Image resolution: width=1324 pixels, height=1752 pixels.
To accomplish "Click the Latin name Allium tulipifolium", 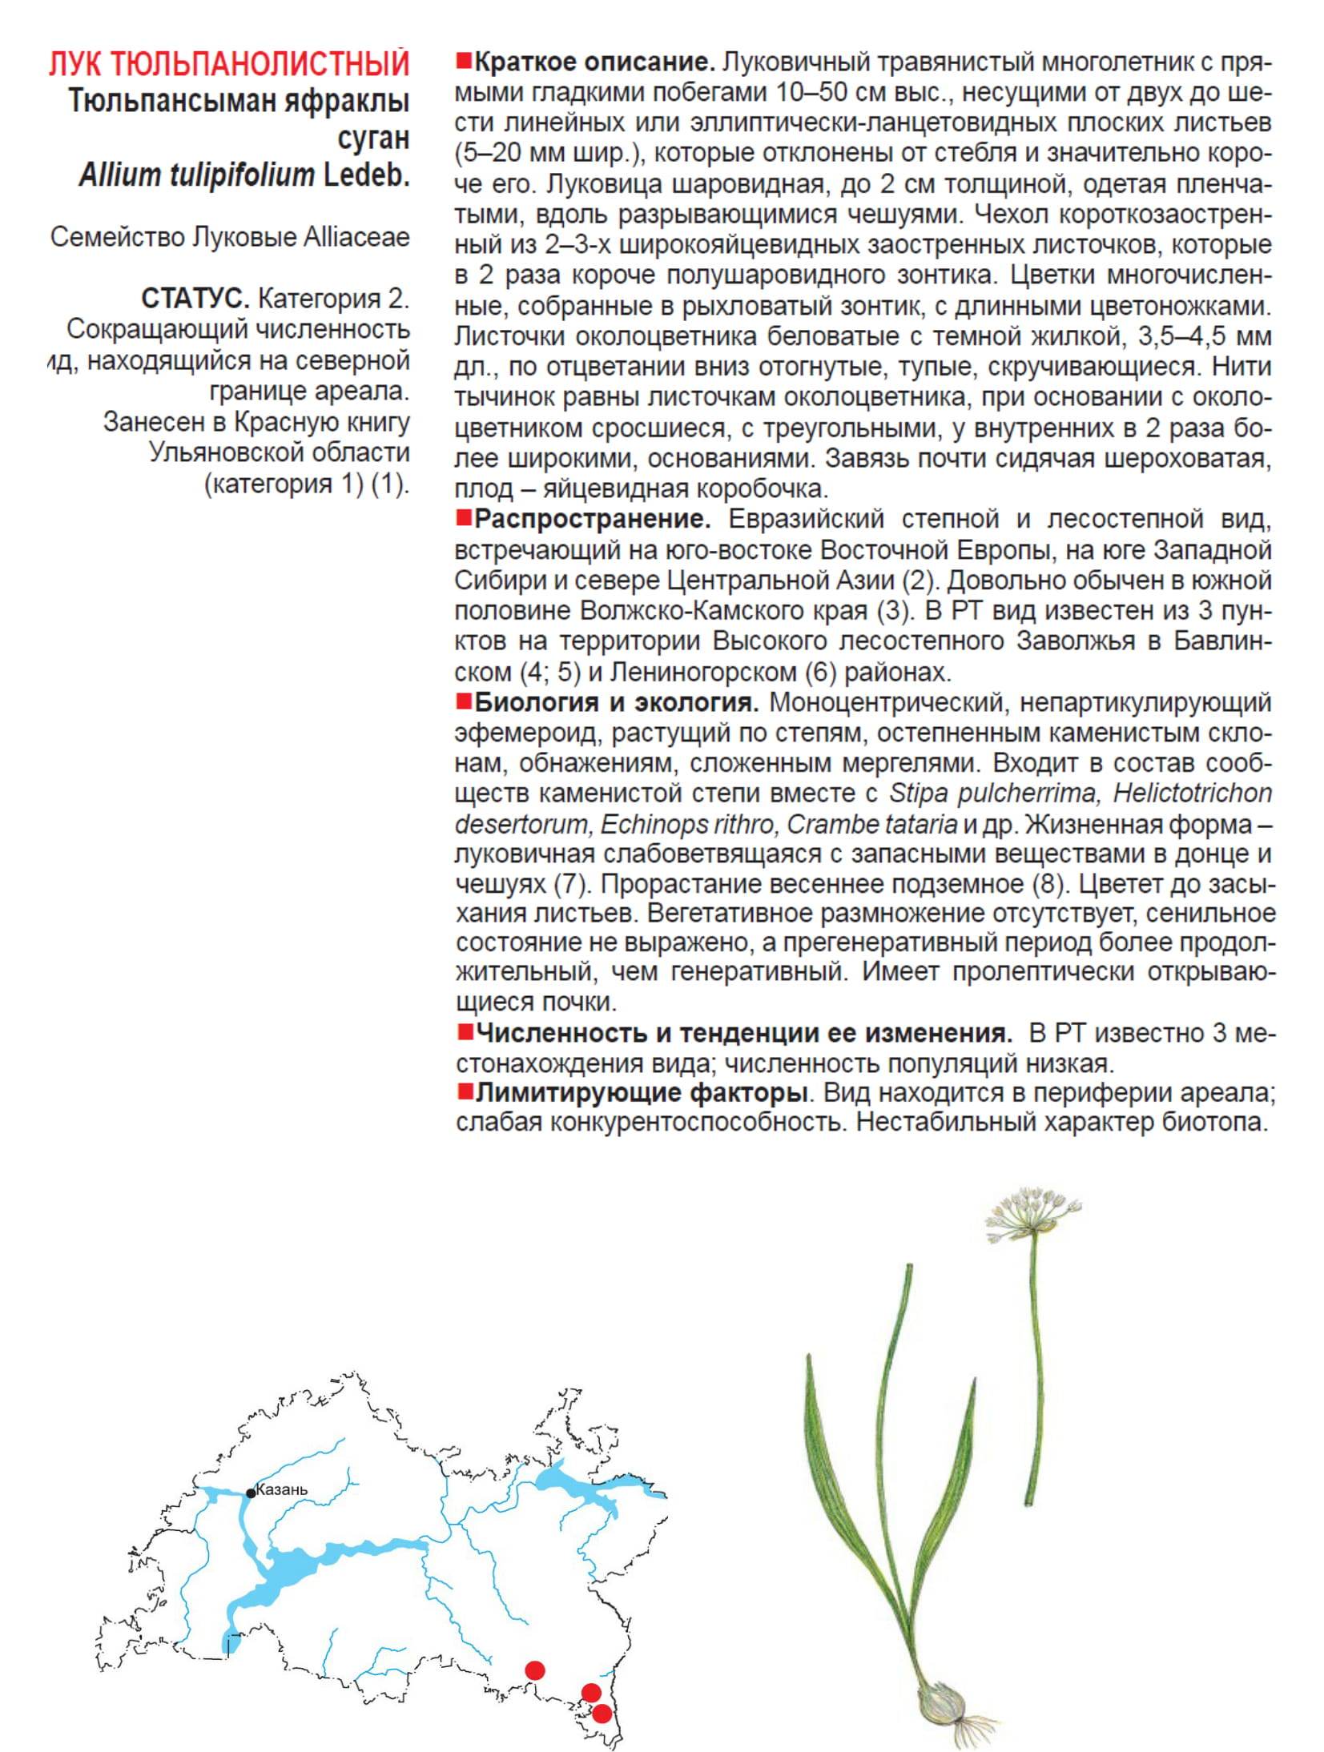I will coord(196,175).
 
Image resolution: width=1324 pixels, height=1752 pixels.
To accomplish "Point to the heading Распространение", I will coord(592,519).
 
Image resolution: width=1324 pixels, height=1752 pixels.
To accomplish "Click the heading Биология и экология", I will coord(616,702).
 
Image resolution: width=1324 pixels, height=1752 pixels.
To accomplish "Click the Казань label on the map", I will coord(281,1490).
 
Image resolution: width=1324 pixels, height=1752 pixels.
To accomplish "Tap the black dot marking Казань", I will coord(251,1493).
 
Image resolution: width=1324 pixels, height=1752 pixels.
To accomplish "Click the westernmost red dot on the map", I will coord(535,1670).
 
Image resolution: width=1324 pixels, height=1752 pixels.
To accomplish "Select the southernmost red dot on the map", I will coord(602,1713).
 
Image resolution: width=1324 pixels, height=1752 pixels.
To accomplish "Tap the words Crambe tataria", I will coord(871,824).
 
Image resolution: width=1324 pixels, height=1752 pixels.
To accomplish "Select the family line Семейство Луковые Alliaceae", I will coord(230,237).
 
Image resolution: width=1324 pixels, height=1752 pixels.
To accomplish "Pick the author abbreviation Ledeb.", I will coord(366,175).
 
